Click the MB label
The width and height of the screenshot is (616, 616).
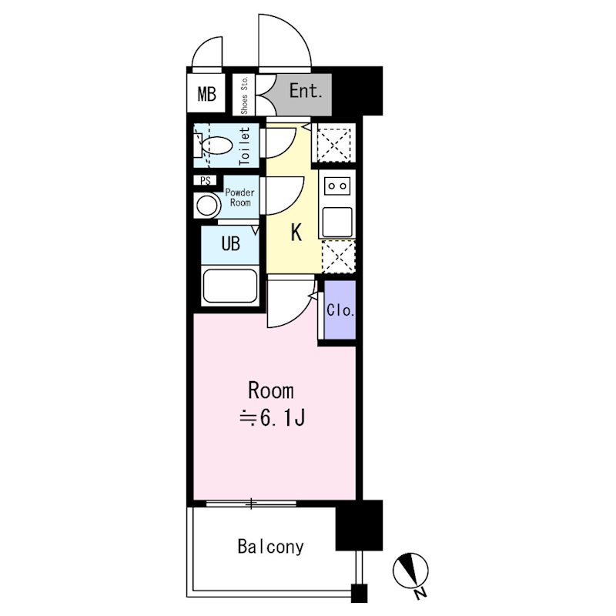click(x=206, y=94)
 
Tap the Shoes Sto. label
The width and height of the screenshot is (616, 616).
click(x=244, y=95)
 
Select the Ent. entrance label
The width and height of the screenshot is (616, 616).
click(x=306, y=91)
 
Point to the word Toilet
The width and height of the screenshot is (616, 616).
click(x=244, y=146)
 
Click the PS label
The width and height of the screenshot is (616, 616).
click(x=205, y=181)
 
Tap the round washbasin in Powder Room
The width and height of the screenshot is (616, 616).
click(x=207, y=206)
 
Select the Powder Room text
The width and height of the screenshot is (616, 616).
click(x=239, y=198)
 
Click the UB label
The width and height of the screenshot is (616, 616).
click(x=230, y=243)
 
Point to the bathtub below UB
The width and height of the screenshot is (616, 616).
click(x=230, y=286)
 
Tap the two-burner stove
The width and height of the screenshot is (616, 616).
click(x=337, y=186)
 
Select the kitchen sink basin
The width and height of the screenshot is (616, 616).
click(x=337, y=222)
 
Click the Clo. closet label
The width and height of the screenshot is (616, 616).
click(x=340, y=310)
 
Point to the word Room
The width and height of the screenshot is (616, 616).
click(x=271, y=391)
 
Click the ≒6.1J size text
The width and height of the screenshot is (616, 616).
click(x=273, y=418)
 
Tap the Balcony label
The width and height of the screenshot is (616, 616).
click(x=271, y=547)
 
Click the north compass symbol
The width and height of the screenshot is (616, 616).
click(x=410, y=570)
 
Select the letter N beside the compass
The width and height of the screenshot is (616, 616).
click(x=420, y=592)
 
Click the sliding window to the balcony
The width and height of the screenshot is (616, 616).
click(x=251, y=504)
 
